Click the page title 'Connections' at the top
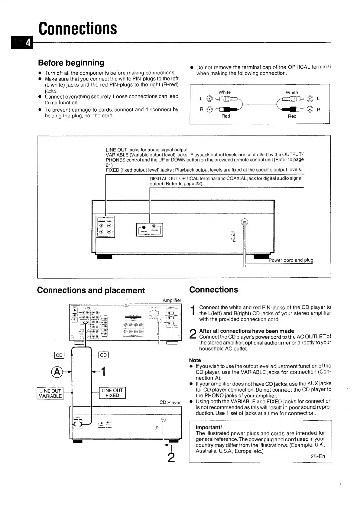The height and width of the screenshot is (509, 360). (x=78, y=28)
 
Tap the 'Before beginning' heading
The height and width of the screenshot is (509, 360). (x=71, y=63)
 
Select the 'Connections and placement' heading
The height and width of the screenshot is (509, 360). (x=91, y=290)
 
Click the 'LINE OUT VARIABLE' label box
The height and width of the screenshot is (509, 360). (x=50, y=393)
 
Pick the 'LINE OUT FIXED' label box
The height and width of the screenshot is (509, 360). (x=112, y=393)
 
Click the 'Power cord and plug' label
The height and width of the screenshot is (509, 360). (x=291, y=260)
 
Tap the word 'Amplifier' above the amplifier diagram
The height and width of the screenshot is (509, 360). (x=172, y=300)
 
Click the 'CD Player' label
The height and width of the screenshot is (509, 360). (x=170, y=403)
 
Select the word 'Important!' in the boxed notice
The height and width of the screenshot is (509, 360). (x=209, y=427)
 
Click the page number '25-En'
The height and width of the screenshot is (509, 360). (x=318, y=456)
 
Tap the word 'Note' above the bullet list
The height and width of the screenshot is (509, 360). (x=195, y=360)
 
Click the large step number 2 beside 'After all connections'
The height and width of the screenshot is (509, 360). (x=193, y=334)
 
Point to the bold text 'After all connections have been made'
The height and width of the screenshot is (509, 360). (x=247, y=331)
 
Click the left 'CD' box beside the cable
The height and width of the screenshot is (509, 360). (x=59, y=355)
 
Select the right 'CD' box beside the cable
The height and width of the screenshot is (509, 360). (x=103, y=355)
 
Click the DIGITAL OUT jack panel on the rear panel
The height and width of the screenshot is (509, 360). (x=150, y=229)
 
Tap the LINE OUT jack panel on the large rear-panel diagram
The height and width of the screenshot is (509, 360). (x=105, y=227)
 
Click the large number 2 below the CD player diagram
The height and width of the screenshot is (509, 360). (x=171, y=457)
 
